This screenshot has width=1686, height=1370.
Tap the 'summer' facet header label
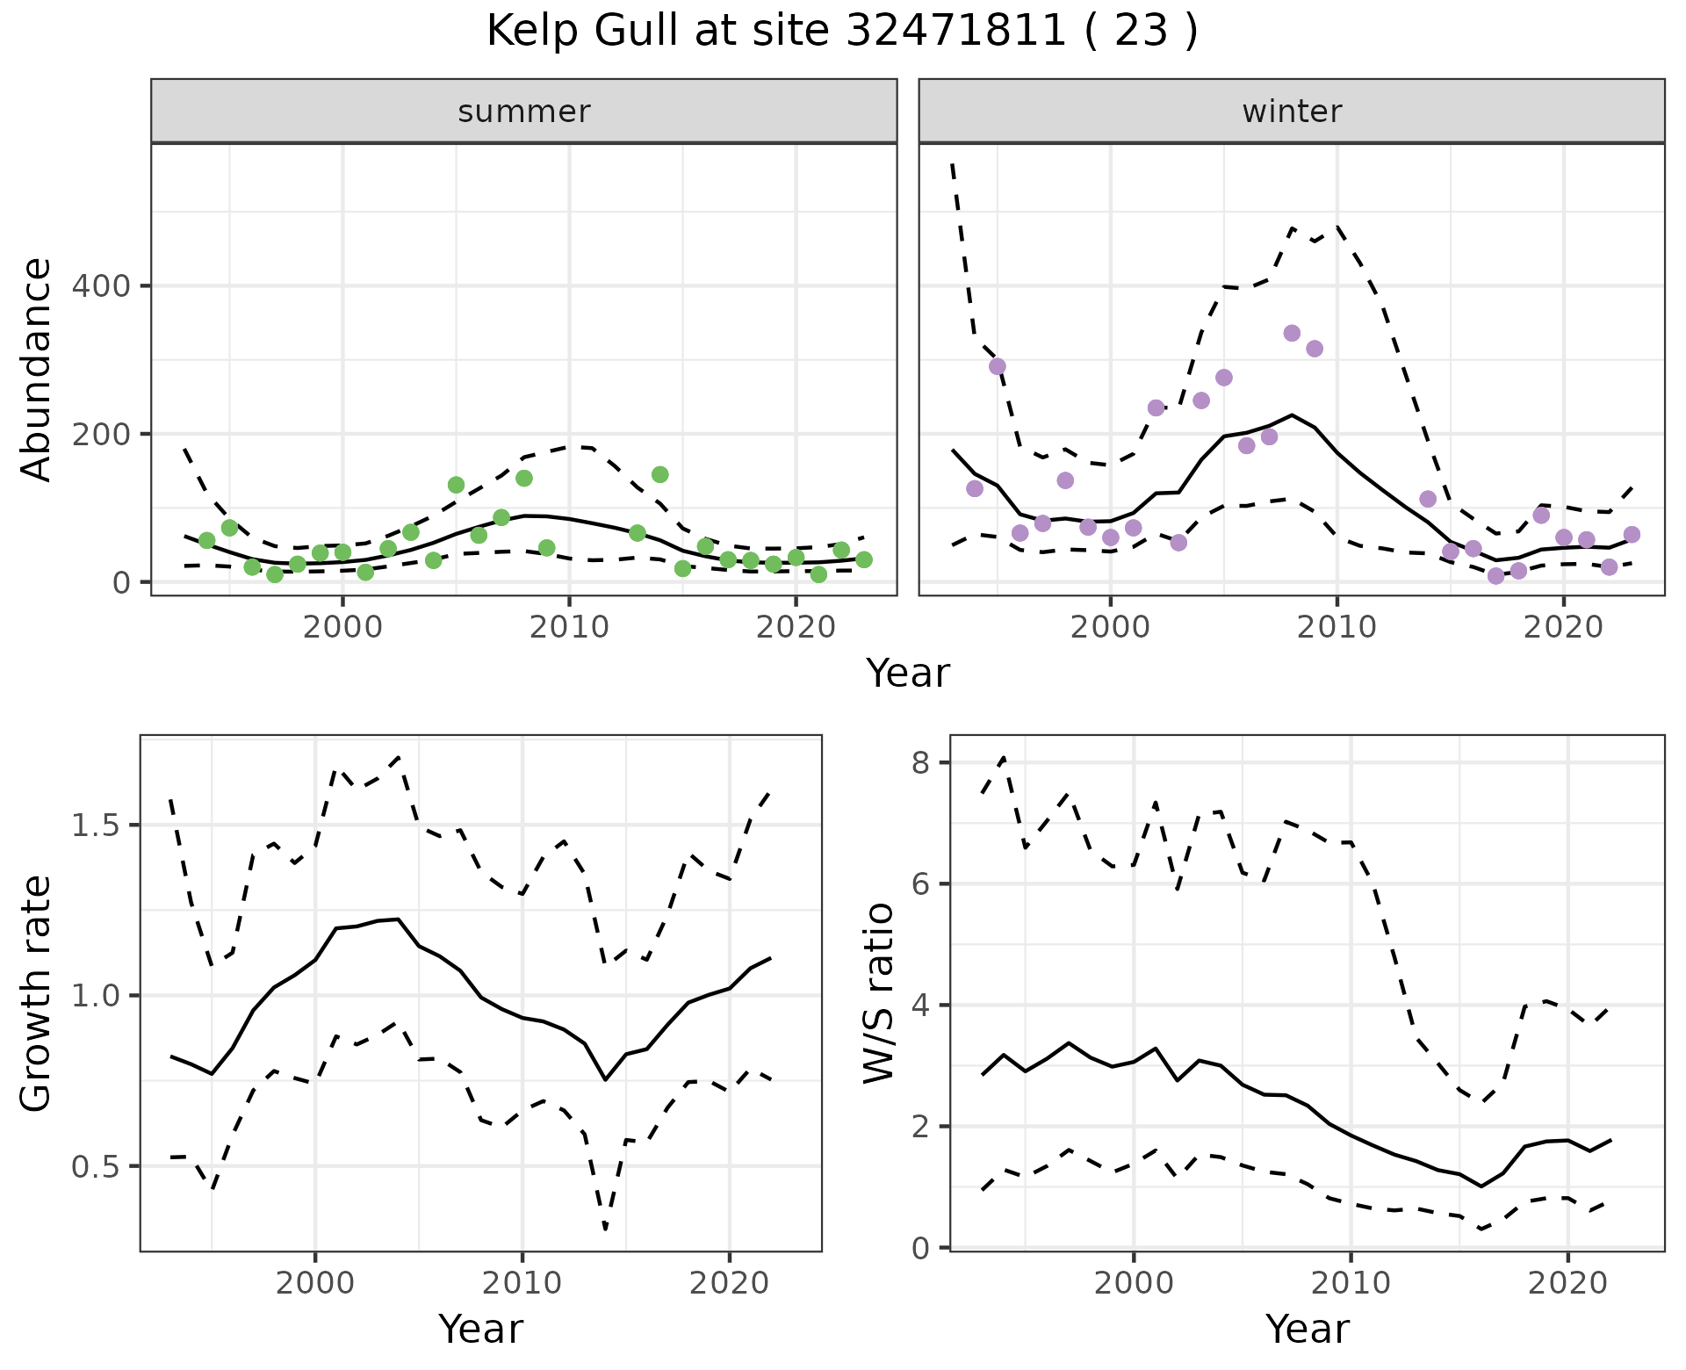click(524, 112)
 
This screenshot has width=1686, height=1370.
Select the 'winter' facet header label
click(1292, 112)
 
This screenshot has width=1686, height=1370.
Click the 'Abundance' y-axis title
click(37, 370)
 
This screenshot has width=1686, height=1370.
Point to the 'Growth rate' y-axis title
click(37, 993)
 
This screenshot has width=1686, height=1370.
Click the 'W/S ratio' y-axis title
click(878, 993)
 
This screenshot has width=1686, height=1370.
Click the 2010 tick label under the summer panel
click(569, 627)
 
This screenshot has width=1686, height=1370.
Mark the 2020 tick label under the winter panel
click(1563, 627)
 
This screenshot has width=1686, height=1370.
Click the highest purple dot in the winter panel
click(1292, 333)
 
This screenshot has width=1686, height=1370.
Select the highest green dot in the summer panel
click(660, 474)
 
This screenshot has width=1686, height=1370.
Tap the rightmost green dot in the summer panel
click(864, 559)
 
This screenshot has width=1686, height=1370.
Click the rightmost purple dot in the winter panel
click(1632, 534)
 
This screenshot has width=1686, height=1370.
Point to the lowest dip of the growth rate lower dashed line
click(606, 1228)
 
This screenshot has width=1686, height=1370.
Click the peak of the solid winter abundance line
click(1292, 415)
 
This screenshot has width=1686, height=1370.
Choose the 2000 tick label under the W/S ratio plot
click(1133, 1283)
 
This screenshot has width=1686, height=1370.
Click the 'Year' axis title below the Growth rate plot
click(480, 1329)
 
